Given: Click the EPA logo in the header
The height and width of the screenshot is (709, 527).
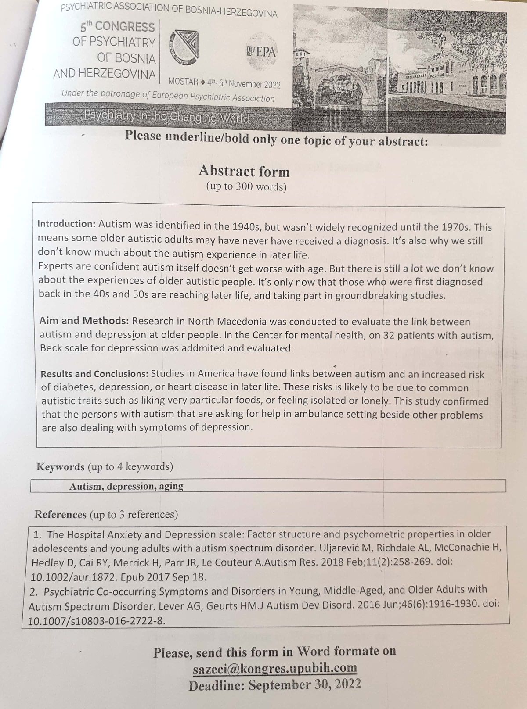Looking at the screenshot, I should point(262,52).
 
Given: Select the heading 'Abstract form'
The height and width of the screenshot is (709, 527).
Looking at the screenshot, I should point(244,171).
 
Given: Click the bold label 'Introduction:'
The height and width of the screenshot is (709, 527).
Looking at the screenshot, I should point(66,224).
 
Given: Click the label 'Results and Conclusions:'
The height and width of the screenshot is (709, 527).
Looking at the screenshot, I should point(94,374).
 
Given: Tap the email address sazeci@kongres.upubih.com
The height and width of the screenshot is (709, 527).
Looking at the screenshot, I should point(274,668).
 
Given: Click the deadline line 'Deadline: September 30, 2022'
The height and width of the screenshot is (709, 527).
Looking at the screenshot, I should point(274,684).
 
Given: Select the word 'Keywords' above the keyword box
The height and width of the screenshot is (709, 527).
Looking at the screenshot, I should point(60,466).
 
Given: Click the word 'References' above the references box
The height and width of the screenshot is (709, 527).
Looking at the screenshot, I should point(61,514).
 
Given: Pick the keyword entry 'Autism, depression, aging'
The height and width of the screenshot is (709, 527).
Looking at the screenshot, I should point(126,486).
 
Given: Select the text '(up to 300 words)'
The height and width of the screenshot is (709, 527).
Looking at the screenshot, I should point(246,187).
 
